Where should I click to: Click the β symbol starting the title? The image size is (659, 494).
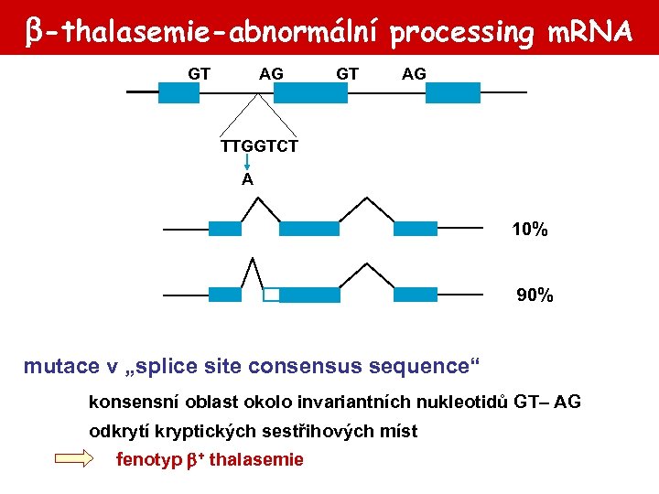pos(32,33)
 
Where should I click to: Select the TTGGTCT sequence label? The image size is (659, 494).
pos(259,146)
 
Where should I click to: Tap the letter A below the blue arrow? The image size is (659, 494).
pos(247,180)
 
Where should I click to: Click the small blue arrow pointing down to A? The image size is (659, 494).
pos(247,163)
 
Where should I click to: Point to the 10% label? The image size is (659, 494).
pos(530,231)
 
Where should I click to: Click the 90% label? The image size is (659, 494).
pos(535,295)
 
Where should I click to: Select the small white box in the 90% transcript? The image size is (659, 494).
pos(271,295)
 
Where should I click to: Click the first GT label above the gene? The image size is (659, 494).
pos(200,73)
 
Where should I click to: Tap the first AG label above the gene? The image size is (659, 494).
pos(271,73)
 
